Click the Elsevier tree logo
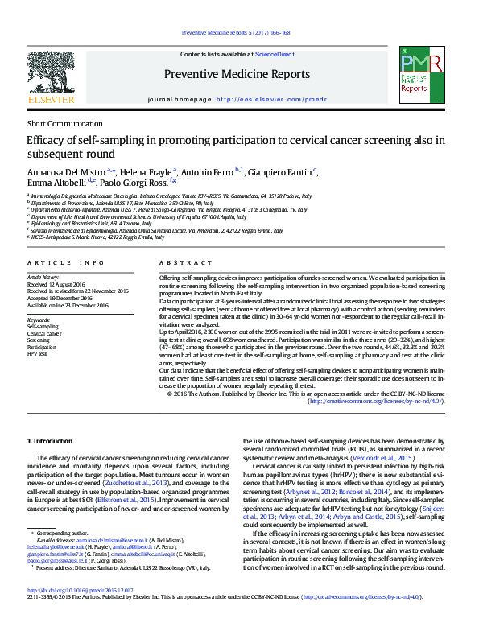51,76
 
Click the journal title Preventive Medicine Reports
236,74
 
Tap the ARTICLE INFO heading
66,263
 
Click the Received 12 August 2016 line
61,285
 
